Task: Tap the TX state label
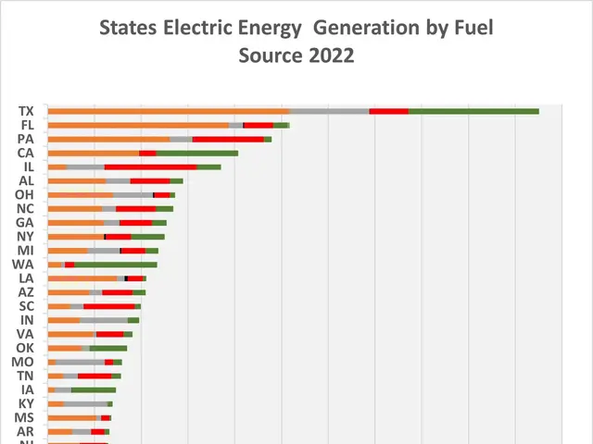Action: [26, 111]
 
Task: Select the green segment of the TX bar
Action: [473, 111]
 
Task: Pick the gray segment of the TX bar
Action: [329, 111]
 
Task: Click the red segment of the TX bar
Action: [388, 111]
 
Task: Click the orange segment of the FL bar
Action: [138, 125]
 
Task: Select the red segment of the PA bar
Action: [228, 139]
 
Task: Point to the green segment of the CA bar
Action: [196, 153]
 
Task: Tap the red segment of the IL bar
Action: [151, 166]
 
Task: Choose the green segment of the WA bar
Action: [115, 265]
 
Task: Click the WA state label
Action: [24, 265]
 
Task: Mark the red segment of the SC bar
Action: [108, 306]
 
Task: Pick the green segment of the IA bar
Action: [93, 389]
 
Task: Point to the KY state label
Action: [26, 403]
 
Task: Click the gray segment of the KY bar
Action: [85, 403]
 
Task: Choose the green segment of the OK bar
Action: [108, 348]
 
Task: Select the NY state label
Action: [26, 236]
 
